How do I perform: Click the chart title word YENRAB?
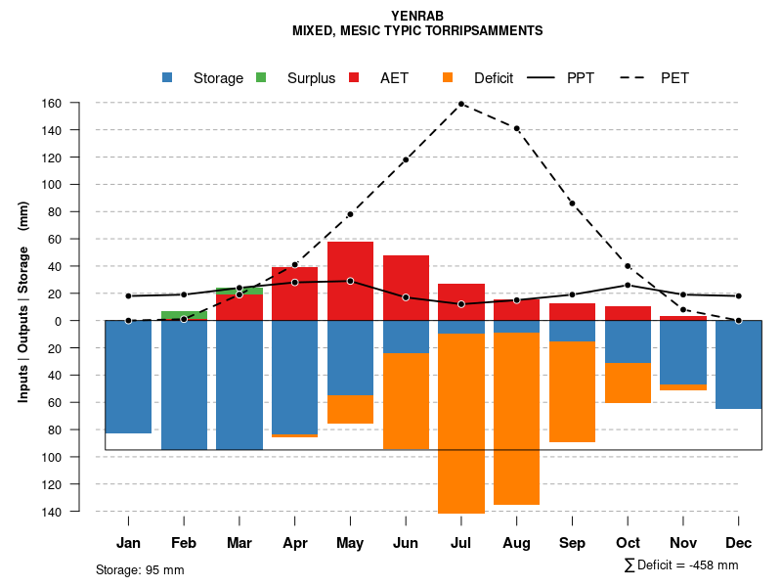[417, 16]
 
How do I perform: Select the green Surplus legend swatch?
[262, 77]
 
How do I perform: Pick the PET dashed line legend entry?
[674, 78]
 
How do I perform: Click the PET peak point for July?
[461, 103]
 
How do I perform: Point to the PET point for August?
[516, 128]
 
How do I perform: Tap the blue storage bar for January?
[128, 377]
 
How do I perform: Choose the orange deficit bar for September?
[572, 391]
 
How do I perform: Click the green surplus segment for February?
[184, 315]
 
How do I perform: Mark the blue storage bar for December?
[738, 364]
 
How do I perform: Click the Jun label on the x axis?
[406, 543]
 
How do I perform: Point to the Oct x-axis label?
[628, 543]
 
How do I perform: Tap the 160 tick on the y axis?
[79, 103]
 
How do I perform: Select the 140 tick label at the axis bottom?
[79, 512]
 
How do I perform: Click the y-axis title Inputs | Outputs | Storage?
[23, 301]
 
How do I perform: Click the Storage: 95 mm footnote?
[140, 569]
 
